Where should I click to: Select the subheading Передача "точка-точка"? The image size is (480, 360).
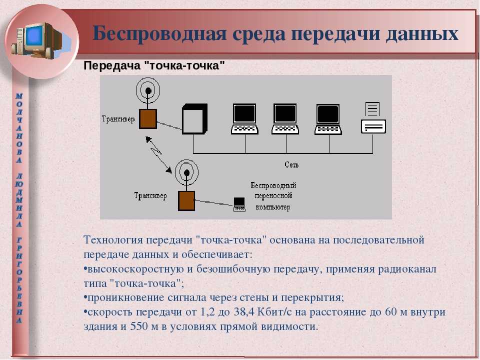pos(154,65)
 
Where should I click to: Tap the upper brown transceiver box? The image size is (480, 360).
pos(148,119)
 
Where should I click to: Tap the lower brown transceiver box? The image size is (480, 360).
pos(186,201)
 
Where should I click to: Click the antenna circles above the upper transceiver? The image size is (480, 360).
pos(148,90)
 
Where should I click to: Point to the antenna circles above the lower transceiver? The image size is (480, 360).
pos(186,172)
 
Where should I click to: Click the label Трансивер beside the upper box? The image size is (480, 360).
pos(118,119)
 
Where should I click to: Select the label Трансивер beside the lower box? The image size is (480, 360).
pos(150,195)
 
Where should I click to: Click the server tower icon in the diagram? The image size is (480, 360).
pos(194,119)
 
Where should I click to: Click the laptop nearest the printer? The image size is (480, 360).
pos(328,119)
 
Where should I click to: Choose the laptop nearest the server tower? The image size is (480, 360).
pos(244,119)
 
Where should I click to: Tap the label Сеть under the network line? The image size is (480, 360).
pos(291,164)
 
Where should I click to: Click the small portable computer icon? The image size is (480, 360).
pos(239,204)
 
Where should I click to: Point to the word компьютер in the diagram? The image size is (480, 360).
pos(273,207)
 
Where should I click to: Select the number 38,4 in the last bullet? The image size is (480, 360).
pos(244,312)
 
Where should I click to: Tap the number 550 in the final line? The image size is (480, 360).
pos(139,326)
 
